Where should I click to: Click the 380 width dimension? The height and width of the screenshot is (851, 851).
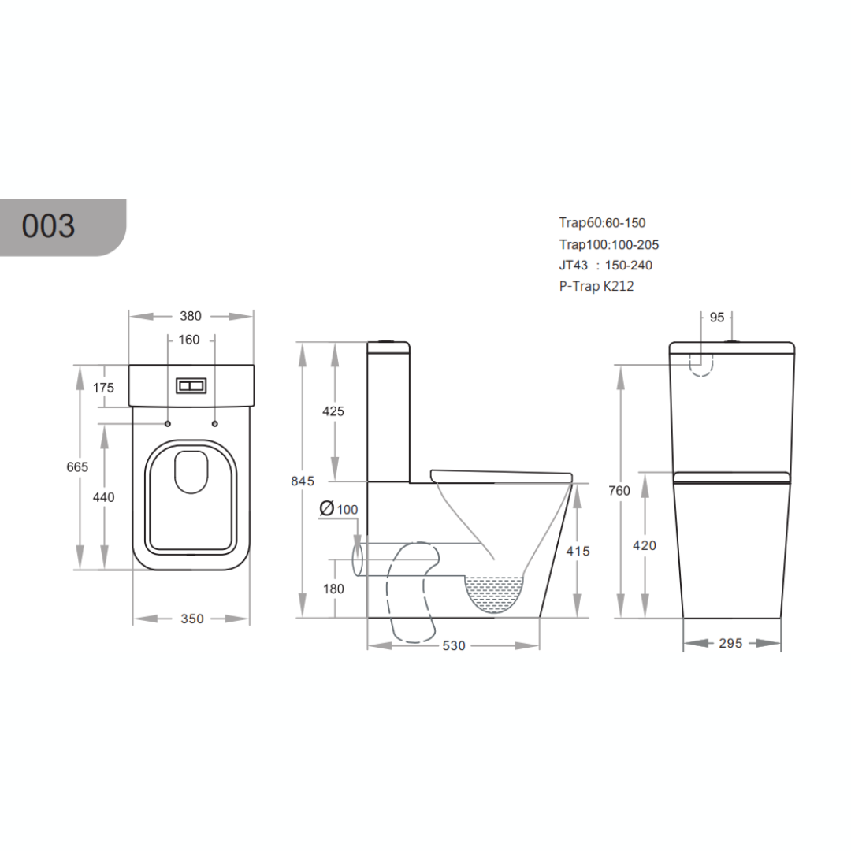click(191, 316)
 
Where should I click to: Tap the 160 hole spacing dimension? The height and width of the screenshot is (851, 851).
click(189, 340)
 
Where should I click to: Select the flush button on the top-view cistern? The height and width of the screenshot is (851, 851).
click(191, 386)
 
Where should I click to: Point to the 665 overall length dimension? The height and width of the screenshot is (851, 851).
click(77, 466)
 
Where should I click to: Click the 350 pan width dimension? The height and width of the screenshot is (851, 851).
click(192, 619)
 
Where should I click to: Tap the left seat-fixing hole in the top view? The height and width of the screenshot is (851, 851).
click(168, 423)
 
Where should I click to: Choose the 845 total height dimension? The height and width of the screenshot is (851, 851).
click(303, 481)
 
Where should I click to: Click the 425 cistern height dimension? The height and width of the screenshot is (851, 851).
click(333, 411)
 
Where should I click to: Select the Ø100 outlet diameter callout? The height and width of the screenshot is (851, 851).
click(339, 509)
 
